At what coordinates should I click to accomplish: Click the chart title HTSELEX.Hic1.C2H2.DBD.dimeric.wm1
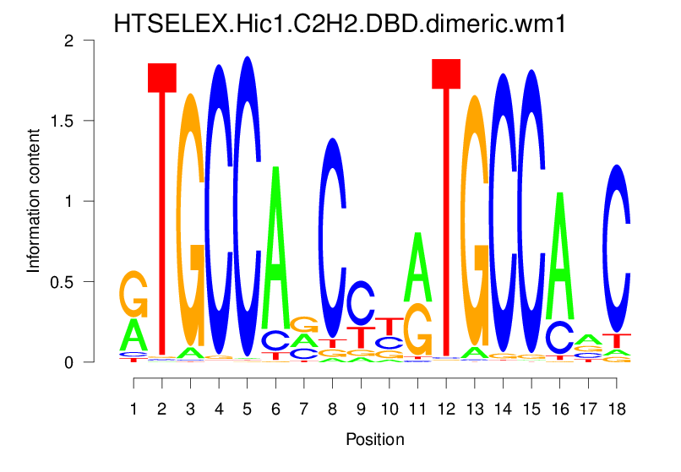click(x=340, y=24)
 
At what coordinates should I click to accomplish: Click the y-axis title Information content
click(x=34, y=200)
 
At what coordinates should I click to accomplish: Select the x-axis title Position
click(x=375, y=440)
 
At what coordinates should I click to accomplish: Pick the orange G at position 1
click(x=133, y=293)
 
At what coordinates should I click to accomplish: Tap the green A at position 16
click(x=559, y=253)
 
